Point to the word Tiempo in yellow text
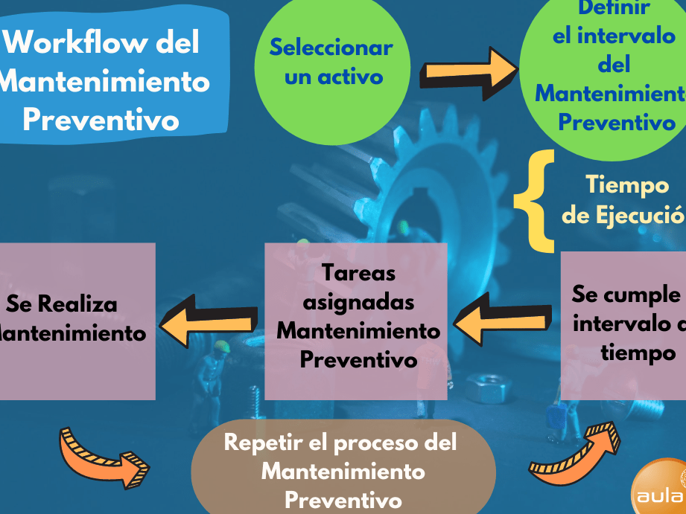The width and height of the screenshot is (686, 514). pos(627,184)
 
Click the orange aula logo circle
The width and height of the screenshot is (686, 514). pos(663,487)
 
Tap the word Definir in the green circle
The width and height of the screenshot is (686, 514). pos(614,9)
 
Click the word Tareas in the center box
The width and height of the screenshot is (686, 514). pos(358,273)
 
